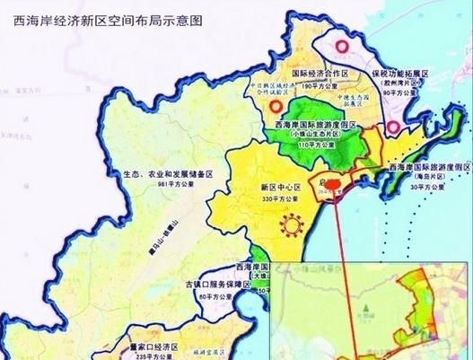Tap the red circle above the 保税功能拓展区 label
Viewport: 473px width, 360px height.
tap(339, 47)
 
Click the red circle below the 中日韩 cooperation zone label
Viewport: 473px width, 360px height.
tap(273, 109)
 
